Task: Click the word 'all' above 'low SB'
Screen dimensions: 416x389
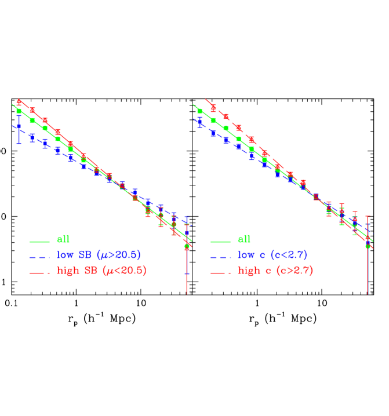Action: click(x=63, y=239)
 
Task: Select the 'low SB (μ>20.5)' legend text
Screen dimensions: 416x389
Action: click(x=98, y=255)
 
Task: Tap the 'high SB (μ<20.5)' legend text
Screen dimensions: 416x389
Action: click(x=101, y=271)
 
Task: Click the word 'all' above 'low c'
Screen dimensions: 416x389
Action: click(x=244, y=239)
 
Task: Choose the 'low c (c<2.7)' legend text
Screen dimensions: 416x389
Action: click(x=272, y=255)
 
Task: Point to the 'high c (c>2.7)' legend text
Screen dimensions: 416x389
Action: click(x=275, y=271)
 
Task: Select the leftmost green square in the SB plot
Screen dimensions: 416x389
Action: click(x=19, y=110)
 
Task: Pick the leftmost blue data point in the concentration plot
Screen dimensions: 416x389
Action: click(x=200, y=122)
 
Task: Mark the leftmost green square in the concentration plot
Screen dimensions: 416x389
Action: click(x=200, y=110)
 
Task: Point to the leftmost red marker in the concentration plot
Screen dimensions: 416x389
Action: click(x=213, y=107)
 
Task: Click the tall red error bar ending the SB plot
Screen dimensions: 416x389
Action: click(x=187, y=272)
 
